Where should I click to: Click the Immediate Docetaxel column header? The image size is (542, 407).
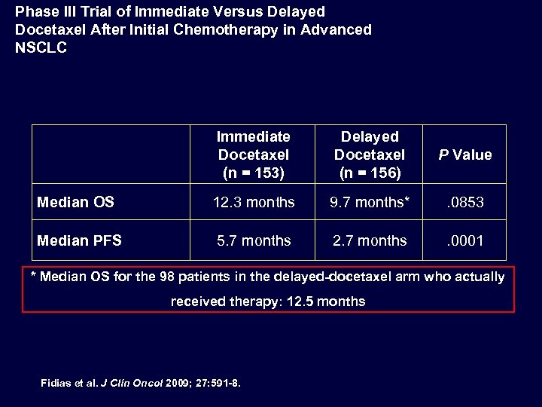click(x=254, y=154)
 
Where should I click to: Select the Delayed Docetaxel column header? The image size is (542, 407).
click(x=370, y=154)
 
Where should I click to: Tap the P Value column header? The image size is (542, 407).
click(x=465, y=155)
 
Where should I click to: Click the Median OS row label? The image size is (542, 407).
click(x=76, y=202)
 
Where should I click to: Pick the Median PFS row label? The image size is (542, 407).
click(x=80, y=240)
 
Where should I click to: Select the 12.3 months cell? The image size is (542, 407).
click(x=254, y=202)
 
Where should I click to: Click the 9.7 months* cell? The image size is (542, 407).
click(x=370, y=202)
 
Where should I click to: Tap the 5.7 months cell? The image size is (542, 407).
click(x=254, y=240)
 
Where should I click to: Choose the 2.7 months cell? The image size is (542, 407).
click(x=370, y=240)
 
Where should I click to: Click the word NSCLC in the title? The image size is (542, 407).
click(x=41, y=47)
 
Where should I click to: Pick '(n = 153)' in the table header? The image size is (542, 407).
click(x=254, y=172)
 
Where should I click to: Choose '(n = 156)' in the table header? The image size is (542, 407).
click(x=370, y=172)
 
